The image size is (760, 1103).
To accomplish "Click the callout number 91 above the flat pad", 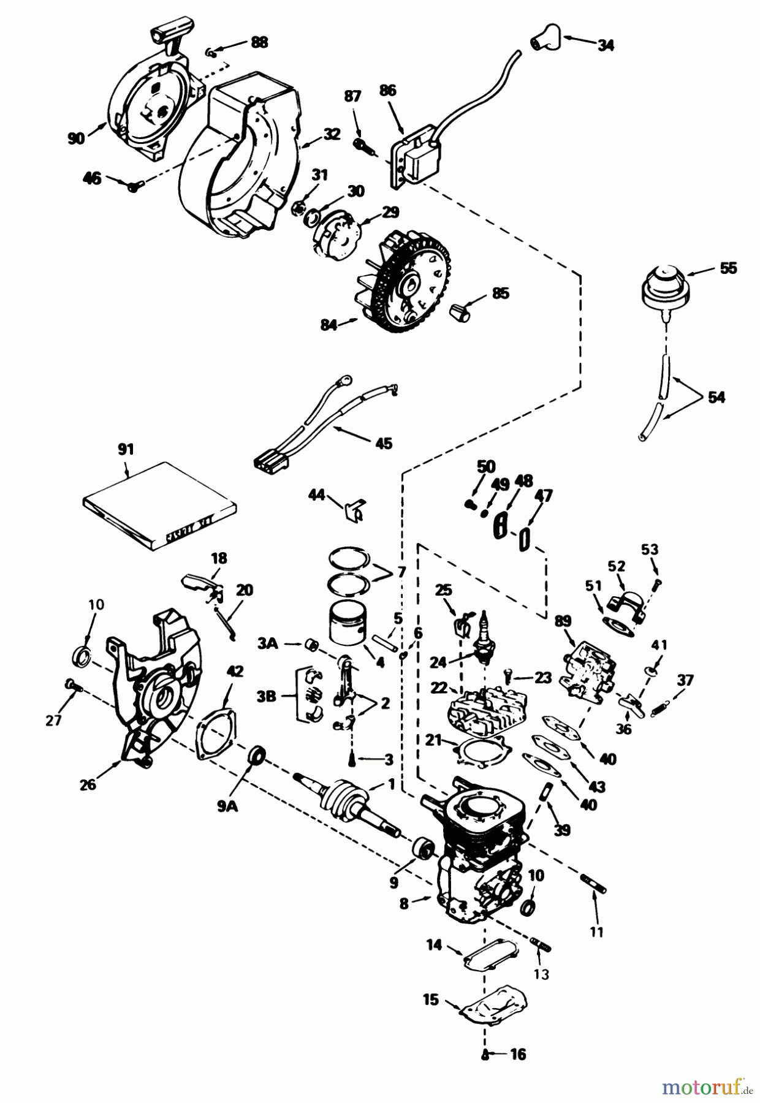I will pos(125,450).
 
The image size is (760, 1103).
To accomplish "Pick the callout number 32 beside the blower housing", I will pos(332,134).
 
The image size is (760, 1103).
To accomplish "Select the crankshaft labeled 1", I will pos(343,797).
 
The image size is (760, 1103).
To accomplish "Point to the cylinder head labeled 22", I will pos(478,711).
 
